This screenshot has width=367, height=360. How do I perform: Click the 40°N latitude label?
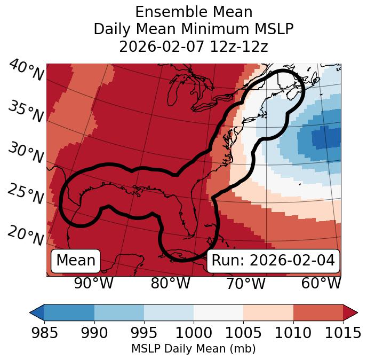26,71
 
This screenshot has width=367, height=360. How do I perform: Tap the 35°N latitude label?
26,112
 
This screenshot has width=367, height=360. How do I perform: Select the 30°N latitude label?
26,153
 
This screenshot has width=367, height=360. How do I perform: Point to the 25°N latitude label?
26,194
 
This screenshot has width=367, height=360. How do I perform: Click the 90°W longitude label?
94,283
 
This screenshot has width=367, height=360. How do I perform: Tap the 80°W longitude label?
170,283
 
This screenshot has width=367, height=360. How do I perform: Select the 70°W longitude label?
246,283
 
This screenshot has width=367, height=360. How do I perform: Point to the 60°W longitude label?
321,283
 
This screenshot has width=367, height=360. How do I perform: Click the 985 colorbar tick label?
45,333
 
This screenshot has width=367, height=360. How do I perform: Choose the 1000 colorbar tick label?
194,333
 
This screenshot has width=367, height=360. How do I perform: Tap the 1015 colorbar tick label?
342,333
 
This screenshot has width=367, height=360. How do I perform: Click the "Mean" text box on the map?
76,261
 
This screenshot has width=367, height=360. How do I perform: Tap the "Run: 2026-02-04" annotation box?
273,261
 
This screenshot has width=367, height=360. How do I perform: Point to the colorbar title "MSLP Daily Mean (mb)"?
194,349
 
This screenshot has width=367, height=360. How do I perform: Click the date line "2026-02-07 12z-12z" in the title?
194,46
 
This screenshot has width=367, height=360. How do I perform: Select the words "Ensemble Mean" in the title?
194,12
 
